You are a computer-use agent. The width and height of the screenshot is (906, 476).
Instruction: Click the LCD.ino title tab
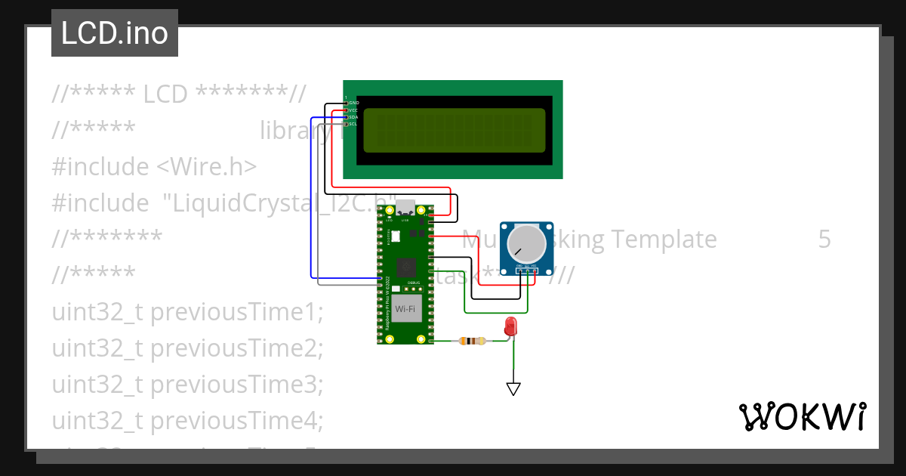(115, 33)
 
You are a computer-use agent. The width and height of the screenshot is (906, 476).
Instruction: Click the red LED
(511, 327)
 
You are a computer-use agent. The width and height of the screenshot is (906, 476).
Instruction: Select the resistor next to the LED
(472, 342)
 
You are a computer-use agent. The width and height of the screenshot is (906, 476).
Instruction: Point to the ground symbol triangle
(513, 389)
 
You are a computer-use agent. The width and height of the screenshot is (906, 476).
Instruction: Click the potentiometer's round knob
(525, 243)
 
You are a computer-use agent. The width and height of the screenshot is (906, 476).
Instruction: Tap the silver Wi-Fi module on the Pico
(405, 309)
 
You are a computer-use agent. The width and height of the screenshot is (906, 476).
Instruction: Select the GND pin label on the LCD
(353, 102)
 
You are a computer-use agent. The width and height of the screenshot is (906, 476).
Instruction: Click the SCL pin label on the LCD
(353, 124)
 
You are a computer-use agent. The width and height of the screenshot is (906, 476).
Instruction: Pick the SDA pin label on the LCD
(353, 117)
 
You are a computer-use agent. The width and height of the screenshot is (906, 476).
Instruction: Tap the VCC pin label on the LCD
(353, 110)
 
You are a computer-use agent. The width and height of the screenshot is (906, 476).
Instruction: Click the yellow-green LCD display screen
(454, 129)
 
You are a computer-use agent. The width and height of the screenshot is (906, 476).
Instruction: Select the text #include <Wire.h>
(155, 166)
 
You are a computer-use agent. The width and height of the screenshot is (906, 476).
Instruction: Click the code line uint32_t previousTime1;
(187, 312)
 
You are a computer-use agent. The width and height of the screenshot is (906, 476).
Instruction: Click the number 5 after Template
(824, 240)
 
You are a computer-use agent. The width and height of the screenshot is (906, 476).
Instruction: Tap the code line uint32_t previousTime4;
(187, 420)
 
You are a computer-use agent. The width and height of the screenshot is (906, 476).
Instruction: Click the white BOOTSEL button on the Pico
(395, 236)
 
